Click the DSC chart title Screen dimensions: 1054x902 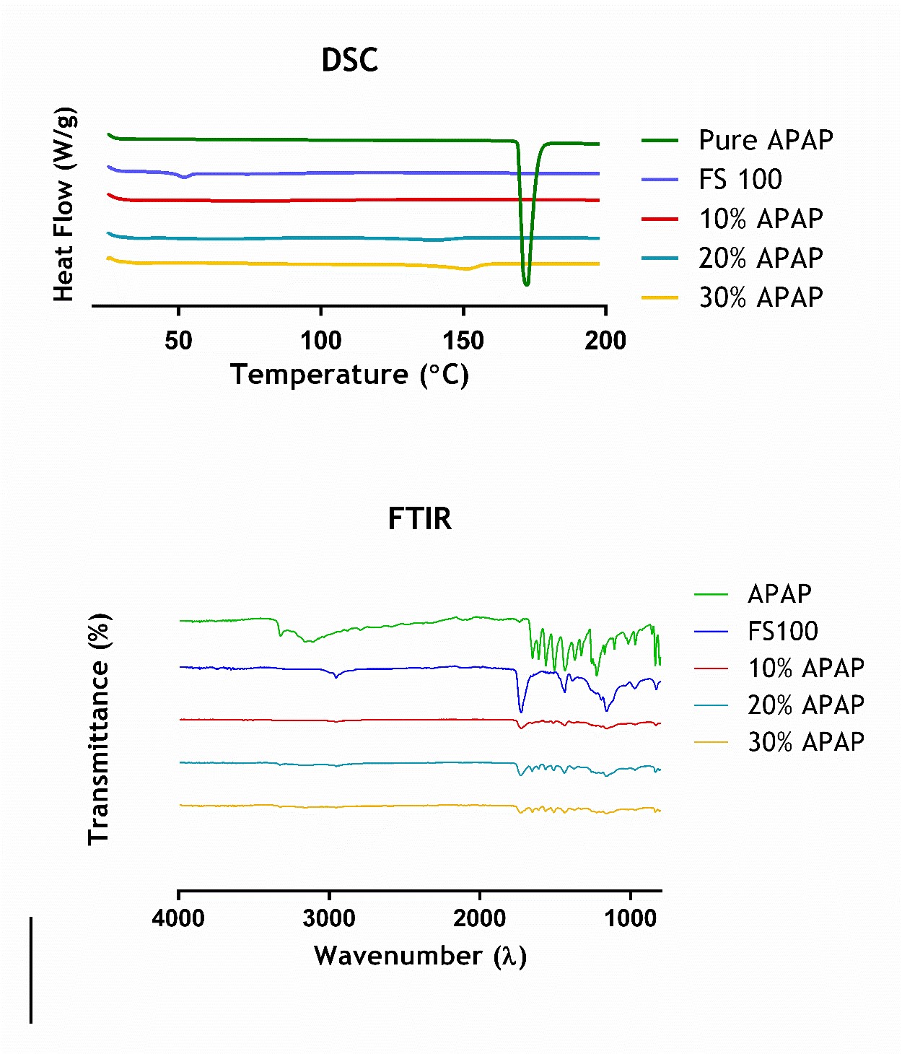tap(349, 60)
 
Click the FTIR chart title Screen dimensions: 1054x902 tap(419, 518)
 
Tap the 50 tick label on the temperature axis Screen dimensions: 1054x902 tap(178, 340)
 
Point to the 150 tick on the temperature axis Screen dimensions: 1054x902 tap(463, 340)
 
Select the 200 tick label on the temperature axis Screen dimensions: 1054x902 tap(605, 340)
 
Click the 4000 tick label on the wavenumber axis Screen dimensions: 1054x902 tap(178, 918)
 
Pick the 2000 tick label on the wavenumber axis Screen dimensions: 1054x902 tap(480, 918)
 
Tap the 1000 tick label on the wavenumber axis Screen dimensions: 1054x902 tap(631, 918)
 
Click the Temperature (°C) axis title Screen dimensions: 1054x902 tap(349, 375)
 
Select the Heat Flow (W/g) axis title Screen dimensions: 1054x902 tap(64, 204)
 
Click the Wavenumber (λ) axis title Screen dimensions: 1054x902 tap(420, 956)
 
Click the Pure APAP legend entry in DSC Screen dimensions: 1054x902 tap(766, 140)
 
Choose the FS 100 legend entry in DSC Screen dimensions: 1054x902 tap(740, 179)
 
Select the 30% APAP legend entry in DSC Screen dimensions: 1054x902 tap(761, 297)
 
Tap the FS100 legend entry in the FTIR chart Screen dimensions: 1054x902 tap(783, 631)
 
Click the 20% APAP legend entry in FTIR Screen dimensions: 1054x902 tap(805, 705)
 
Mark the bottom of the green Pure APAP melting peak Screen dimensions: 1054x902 tap(526, 284)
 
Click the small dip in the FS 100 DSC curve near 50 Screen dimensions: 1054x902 tap(185, 177)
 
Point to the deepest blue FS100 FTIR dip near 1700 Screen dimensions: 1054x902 tap(521, 712)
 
